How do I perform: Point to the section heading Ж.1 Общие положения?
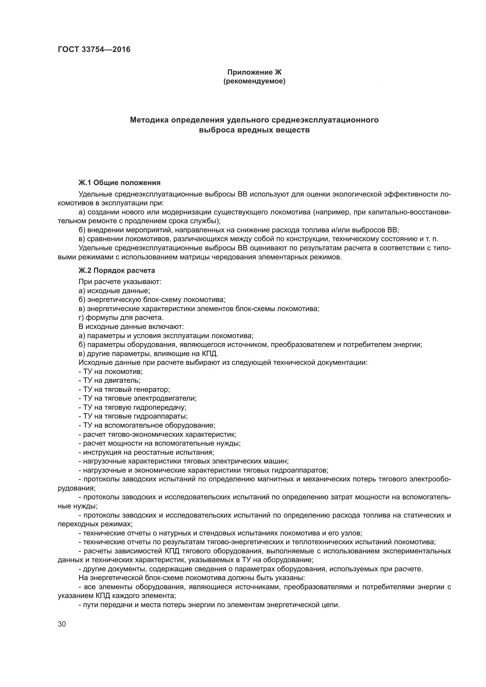[119, 182]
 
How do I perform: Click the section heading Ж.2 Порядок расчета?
[117, 271]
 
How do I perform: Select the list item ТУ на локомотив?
[110, 372]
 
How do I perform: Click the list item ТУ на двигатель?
[109, 381]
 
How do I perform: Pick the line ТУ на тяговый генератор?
[124, 389]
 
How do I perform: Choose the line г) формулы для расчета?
[121, 318]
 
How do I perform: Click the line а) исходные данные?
[114, 291]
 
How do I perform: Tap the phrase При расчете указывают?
[120, 282]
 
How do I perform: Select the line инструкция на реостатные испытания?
[146, 452]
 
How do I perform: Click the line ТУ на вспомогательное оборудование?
[147, 426]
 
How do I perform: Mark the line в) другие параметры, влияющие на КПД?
[148, 354]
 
